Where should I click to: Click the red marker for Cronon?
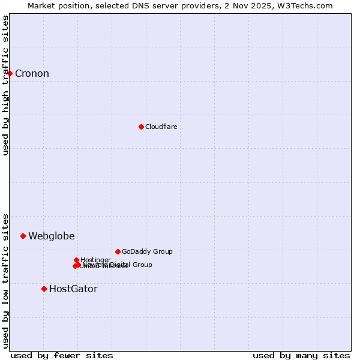pyautogui.click(x=10, y=73)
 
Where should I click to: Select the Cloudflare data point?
pyautogui.click(x=141, y=127)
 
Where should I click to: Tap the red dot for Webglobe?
pyautogui.click(x=23, y=236)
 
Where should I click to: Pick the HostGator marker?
pyautogui.click(x=44, y=289)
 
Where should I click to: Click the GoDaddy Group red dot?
pyautogui.click(x=118, y=251)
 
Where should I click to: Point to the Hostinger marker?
pyautogui.click(x=77, y=260)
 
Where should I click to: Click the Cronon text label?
pyautogui.click(x=32, y=74)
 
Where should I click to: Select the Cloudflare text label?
pyautogui.click(x=161, y=127)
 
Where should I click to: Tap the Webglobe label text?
pyautogui.click(x=52, y=236)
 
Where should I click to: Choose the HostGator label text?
pyautogui.click(x=73, y=289)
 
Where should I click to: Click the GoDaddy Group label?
pyautogui.click(x=147, y=252)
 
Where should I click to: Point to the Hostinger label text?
pyautogui.click(x=96, y=260)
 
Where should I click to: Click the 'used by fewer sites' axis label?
pyautogui.click(x=62, y=355)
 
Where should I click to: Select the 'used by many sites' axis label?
pyautogui.click(x=301, y=355)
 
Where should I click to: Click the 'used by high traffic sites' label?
pyautogui.click(x=5, y=85)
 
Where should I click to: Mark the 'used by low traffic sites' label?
pyautogui.click(x=5, y=280)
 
